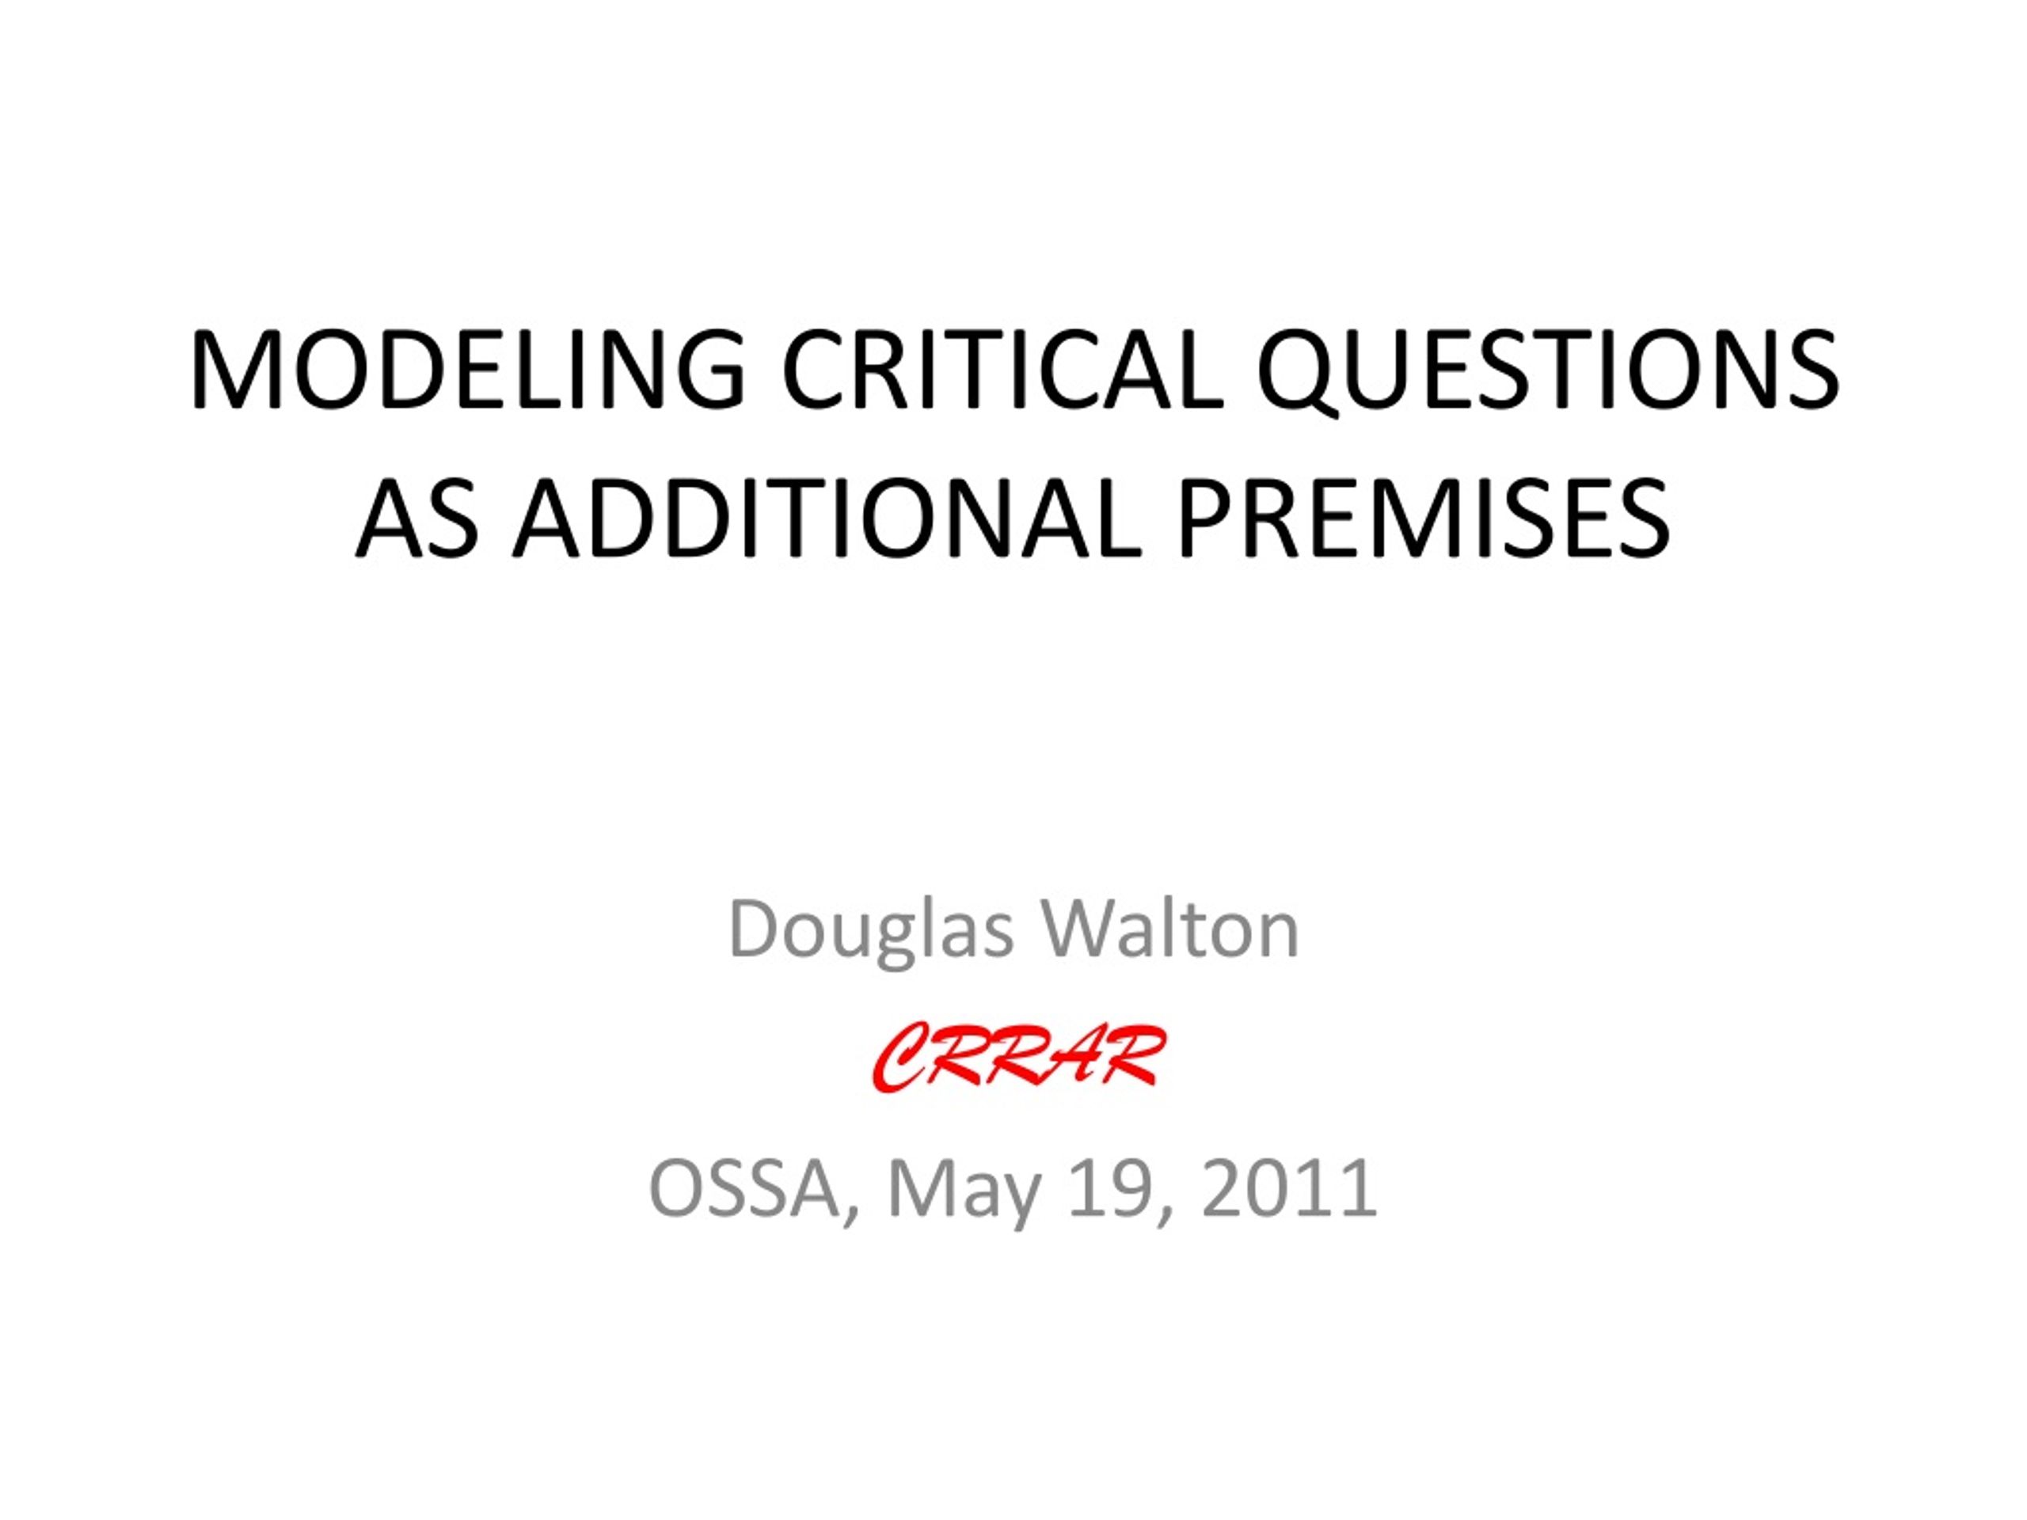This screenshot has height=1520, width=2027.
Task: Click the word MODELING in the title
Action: tap(467, 368)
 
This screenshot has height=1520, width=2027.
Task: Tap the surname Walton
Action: tap(1169, 930)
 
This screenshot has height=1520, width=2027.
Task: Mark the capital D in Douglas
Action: tap(757, 930)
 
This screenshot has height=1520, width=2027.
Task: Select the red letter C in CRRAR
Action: tap(902, 1060)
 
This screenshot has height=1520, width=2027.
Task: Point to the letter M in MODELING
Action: tap(232, 368)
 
